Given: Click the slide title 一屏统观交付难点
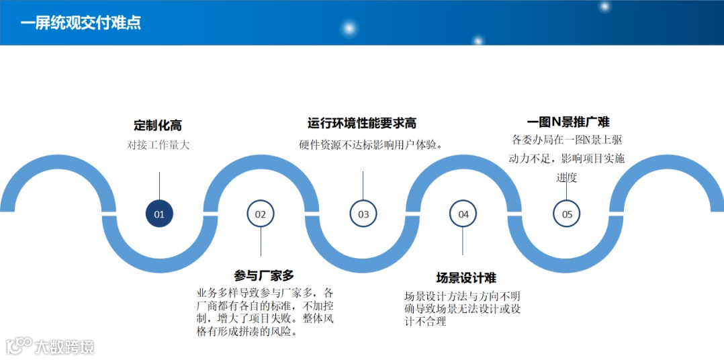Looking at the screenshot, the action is tap(80, 23).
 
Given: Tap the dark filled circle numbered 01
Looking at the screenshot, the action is tap(159, 214).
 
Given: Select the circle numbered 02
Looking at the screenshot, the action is tap(261, 214).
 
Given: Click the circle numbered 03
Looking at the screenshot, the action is tap(363, 214).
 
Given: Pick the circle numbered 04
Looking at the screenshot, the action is tap(463, 214).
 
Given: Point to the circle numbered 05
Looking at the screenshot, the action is tap(567, 214).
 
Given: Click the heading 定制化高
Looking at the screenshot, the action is tap(158, 126).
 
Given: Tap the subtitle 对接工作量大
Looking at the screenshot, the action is tap(159, 144).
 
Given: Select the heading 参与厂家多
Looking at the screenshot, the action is tap(264, 275).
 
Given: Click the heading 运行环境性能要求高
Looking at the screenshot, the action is tap(362, 124).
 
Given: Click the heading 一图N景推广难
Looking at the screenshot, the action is tap(568, 122).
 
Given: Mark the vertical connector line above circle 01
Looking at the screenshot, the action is tap(159, 185).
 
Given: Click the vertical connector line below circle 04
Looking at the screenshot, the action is tap(463, 242).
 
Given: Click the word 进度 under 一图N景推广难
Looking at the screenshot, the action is tap(567, 178).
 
